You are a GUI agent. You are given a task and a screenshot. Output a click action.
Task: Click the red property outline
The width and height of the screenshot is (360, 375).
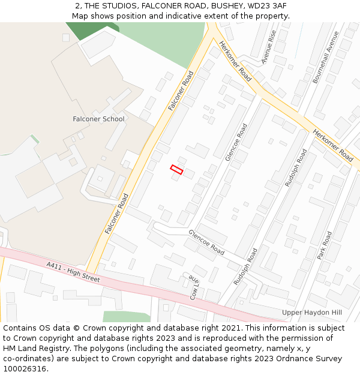[176, 170]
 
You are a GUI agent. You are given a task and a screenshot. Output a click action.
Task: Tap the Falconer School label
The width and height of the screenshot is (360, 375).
[98, 119]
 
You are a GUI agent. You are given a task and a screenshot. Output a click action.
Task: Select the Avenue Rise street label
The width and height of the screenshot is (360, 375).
[268, 47]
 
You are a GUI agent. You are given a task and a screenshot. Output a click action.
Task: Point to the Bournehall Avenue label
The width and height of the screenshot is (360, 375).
[323, 58]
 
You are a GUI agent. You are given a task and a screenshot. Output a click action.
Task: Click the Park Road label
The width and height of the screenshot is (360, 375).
[325, 245]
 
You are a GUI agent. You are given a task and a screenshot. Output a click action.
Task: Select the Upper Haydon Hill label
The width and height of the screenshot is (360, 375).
[311, 313]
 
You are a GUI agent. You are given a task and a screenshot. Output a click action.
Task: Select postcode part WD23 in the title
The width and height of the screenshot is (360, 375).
[256, 6]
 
